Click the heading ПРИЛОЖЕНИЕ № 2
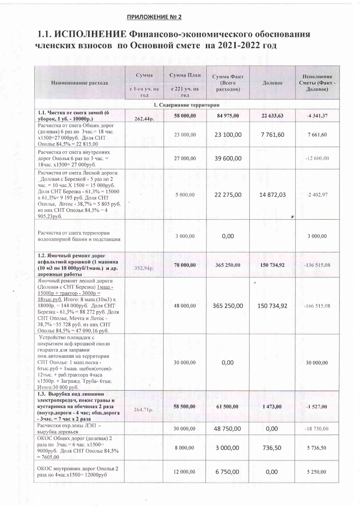pyautogui.click(x=155, y=17)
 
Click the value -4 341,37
pyautogui.click(x=316, y=115)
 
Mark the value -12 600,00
pyautogui.click(x=316, y=159)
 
